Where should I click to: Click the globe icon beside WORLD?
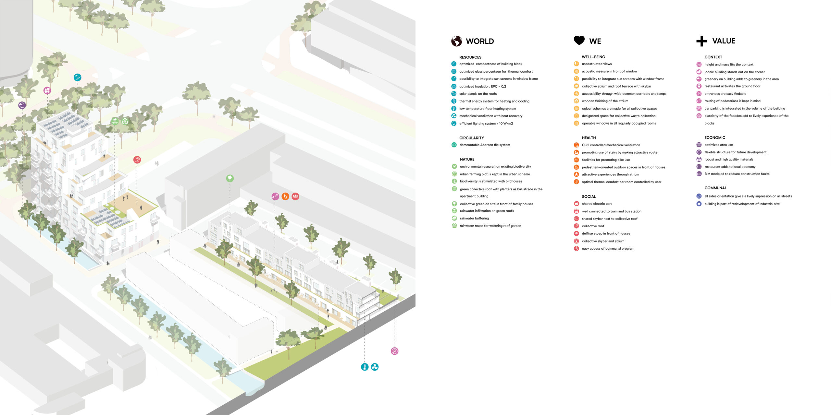pos(456,41)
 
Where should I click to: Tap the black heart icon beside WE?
pos(579,41)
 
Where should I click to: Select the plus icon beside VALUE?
pos(701,41)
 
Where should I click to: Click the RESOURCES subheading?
pos(470,57)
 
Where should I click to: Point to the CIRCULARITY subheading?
pos(471,138)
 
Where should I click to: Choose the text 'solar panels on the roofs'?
pos(478,94)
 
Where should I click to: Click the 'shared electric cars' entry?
pos(597,204)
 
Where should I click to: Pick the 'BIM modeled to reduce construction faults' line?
pos(737,174)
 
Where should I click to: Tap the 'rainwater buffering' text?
pos(474,218)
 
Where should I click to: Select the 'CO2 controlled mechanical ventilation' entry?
pos(611,145)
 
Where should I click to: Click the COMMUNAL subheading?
pos(715,188)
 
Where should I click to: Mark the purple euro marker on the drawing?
pos(22,105)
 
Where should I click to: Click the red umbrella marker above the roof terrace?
pos(137,160)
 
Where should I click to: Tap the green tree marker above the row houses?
pos(230,178)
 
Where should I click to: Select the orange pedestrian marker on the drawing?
pos(285,196)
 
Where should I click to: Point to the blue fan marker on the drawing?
pos(375,367)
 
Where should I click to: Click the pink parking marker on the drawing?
pos(394,351)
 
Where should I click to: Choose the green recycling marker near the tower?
pos(125,121)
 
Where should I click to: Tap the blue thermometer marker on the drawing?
pos(365,367)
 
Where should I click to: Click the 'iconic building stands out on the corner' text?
pos(734,72)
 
